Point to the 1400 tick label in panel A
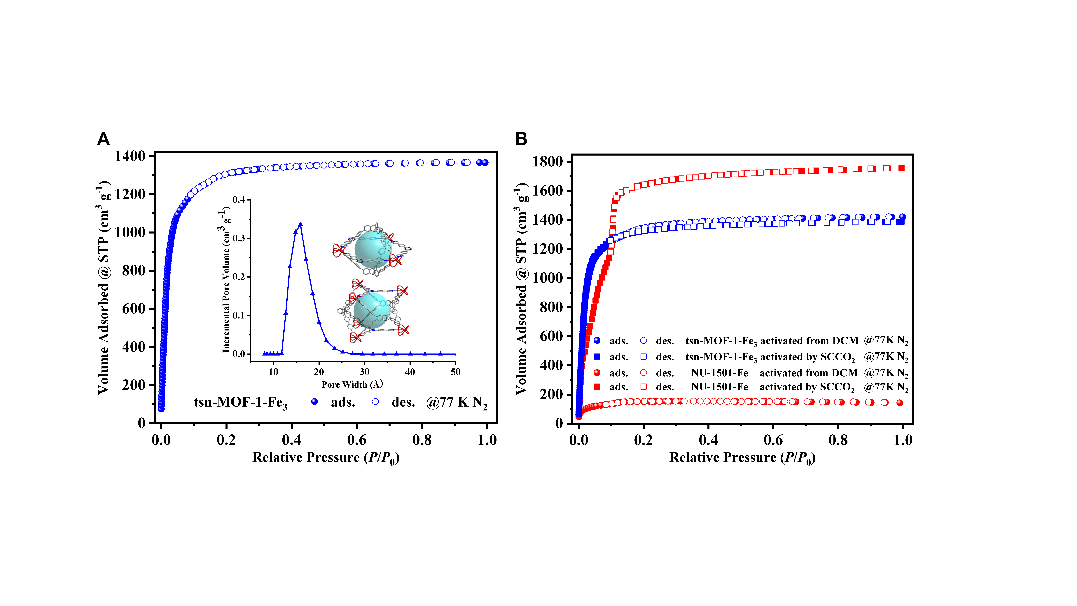130,156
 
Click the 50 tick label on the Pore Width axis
455,372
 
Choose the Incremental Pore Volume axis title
226,279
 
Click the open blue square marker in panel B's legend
644,357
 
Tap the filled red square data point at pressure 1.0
901,168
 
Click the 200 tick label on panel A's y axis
134,385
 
